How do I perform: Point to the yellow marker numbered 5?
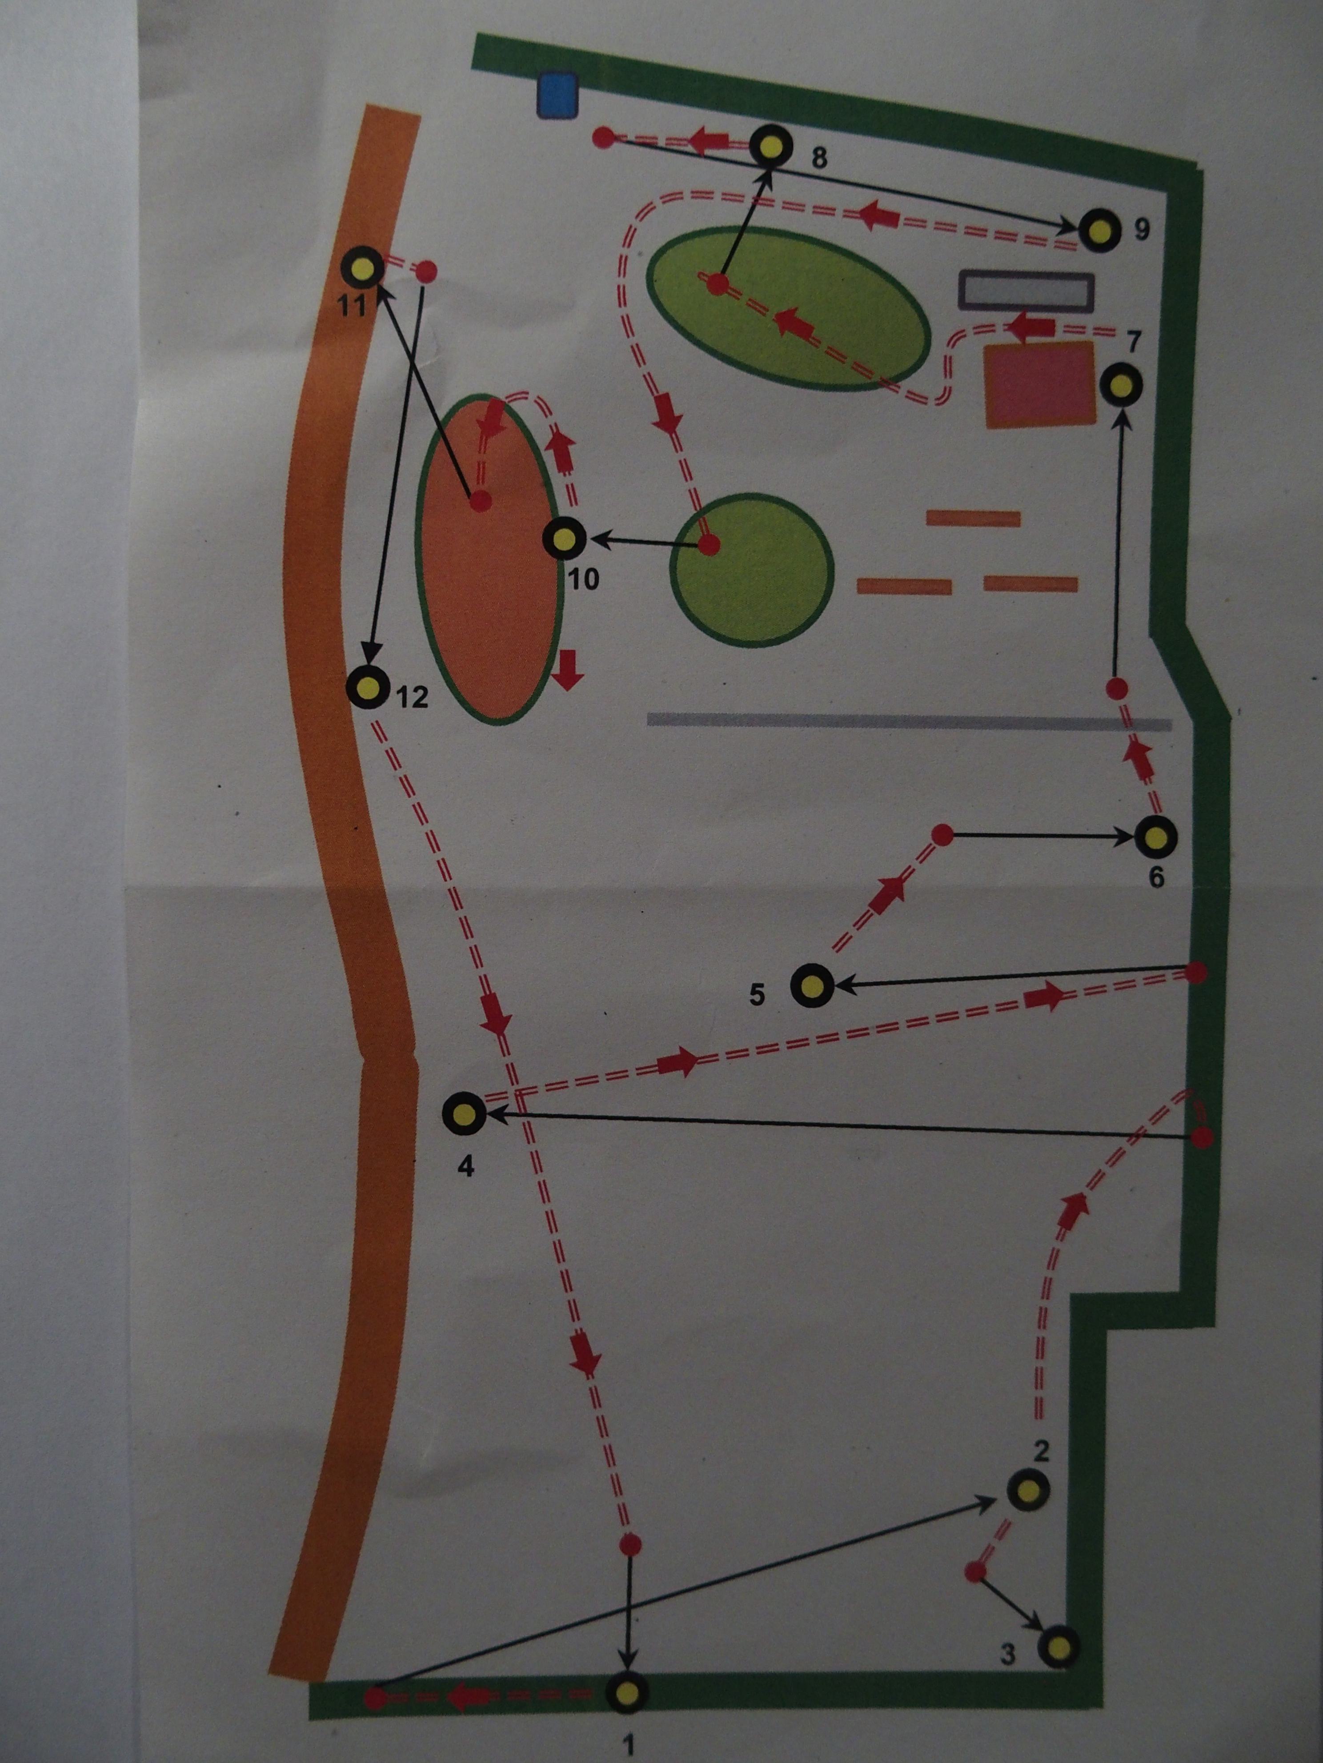coord(812,986)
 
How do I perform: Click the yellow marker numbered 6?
coord(1155,838)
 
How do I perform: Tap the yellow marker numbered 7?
coord(1121,384)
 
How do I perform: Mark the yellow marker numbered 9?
coord(1101,230)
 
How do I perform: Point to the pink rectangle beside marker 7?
coord(1039,385)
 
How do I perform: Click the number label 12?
coord(412,698)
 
